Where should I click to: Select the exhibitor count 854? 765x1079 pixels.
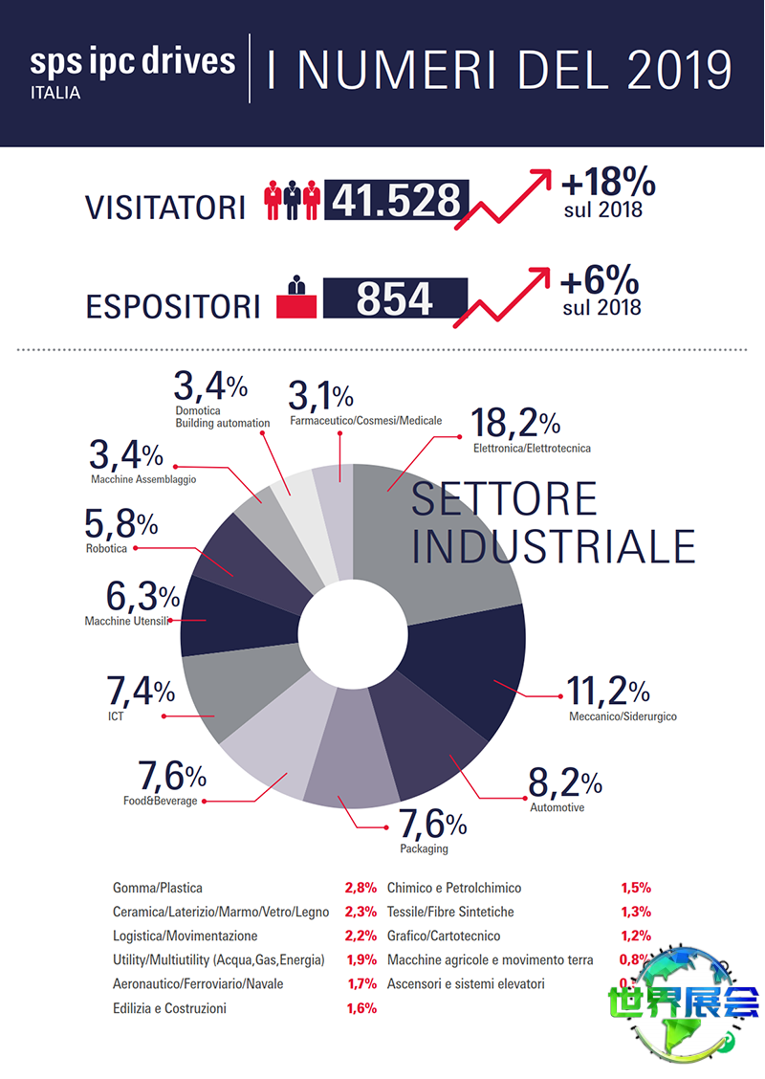click(395, 298)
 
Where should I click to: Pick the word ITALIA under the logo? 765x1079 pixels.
click(55, 94)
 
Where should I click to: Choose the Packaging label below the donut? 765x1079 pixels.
click(424, 848)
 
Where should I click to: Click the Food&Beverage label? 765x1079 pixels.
click(160, 801)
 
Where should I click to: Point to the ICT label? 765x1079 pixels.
click(117, 716)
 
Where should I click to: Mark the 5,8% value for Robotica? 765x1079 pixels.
click(120, 524)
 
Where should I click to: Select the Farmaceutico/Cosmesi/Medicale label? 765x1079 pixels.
click(365, 421)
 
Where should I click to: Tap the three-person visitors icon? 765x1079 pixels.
click(292, 199)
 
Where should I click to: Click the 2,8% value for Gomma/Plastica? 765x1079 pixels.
click(360, 889)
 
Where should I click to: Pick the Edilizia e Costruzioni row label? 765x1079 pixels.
click(169, 1008)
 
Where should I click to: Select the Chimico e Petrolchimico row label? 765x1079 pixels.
click(454, 889)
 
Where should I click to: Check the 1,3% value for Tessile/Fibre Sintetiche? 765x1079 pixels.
click(636, 913)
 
